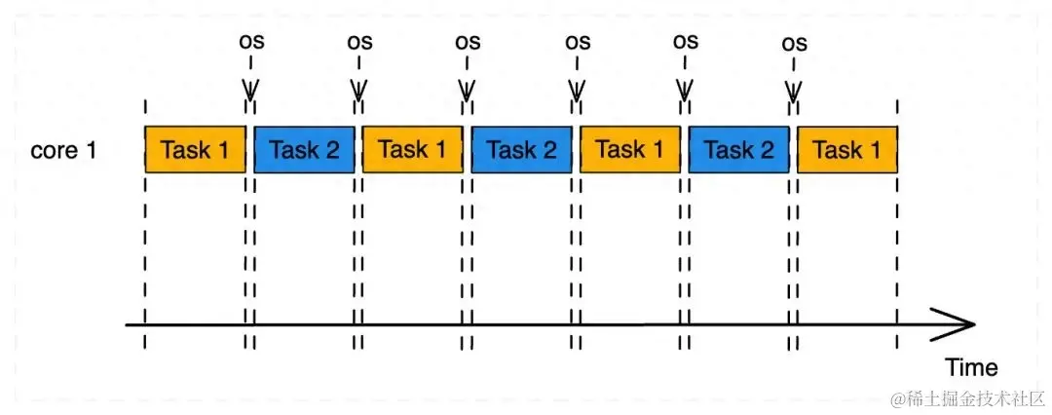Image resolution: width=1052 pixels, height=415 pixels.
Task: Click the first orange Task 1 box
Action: [x=195, y=150]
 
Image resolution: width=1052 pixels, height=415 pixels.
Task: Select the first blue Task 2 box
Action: [x=304, y=150]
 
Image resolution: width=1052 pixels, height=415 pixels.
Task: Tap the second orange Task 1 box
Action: [x=412, y=150]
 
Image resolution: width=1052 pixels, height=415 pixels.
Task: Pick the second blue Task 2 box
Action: [x=521, y=150]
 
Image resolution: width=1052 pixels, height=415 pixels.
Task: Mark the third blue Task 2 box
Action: [x=738, y=150]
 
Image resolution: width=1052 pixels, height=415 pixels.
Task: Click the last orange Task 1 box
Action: [x=846, y=150]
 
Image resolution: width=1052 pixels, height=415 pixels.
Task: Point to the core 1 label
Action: [x=63, y=151]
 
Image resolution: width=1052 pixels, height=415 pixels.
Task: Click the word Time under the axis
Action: [x=971, y=367]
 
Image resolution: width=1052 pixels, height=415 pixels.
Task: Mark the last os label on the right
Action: [x=795, y=43]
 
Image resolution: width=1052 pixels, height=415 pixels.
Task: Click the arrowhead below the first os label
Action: [x=250, y=92]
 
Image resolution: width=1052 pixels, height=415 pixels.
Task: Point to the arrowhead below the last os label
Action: [x=794, y=92]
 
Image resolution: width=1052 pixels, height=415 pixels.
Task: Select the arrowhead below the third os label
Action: [x=468, y=92]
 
